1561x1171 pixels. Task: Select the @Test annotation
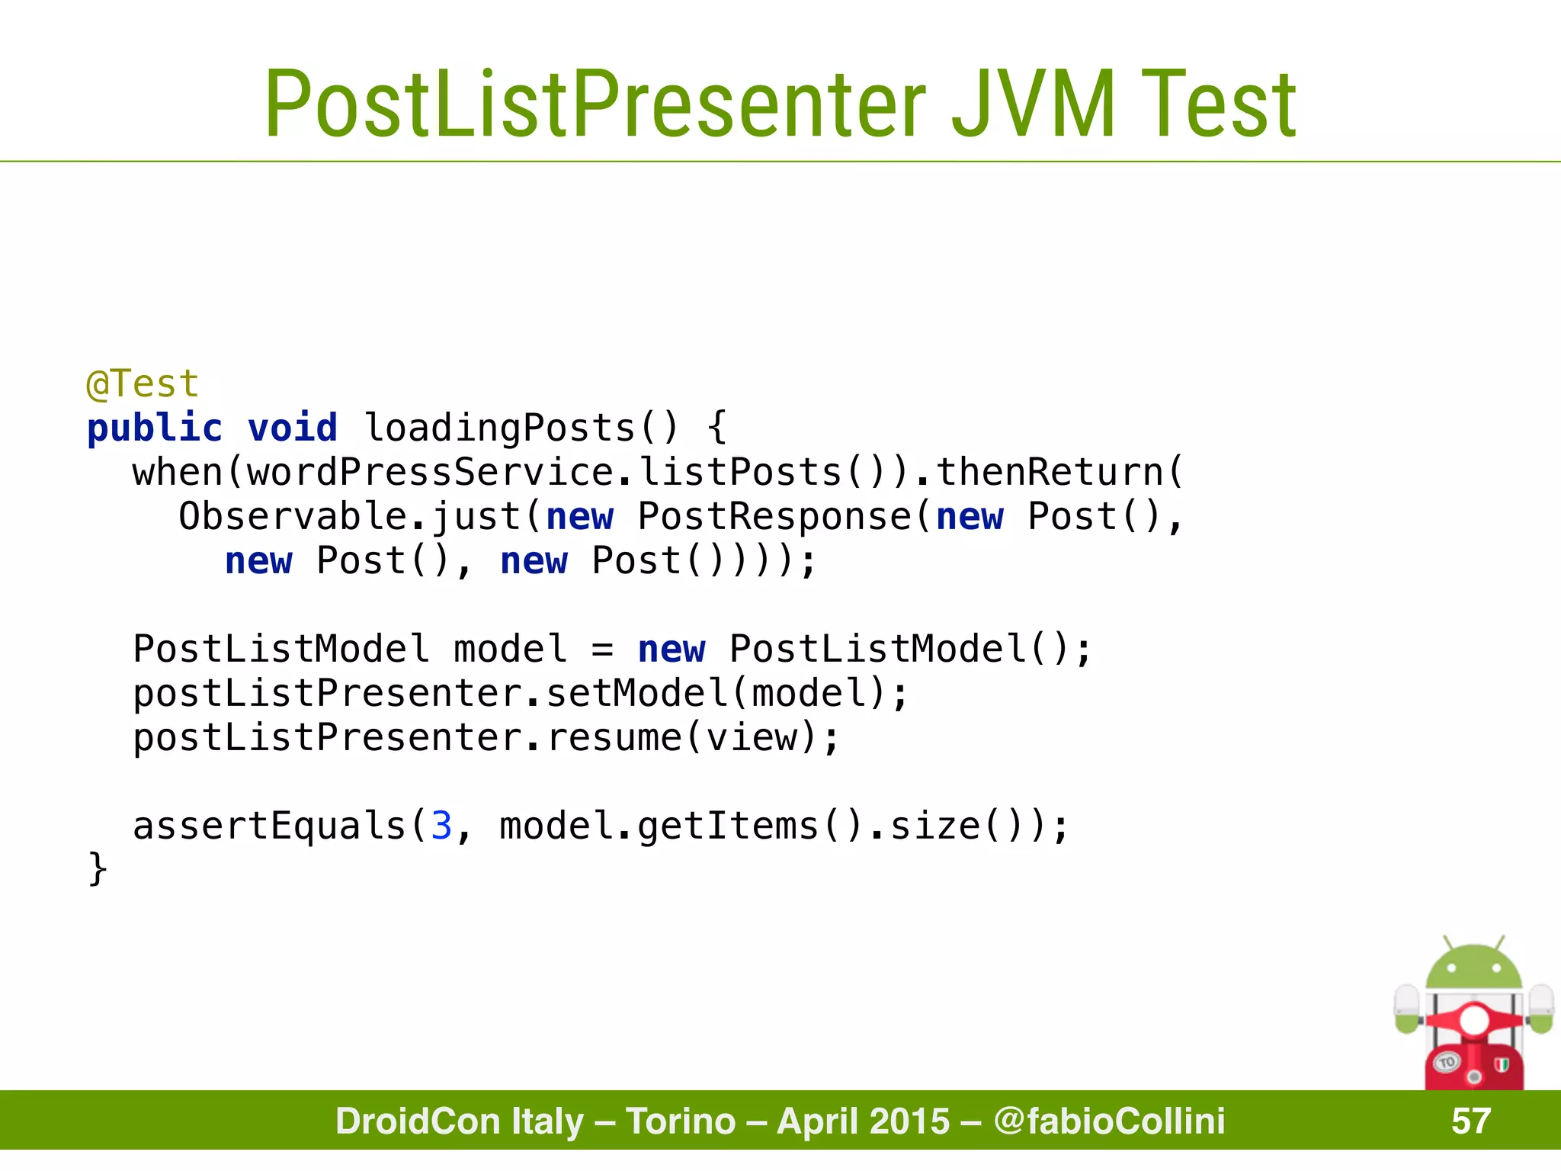pos(143,383)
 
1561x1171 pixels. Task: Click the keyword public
pos(155,428)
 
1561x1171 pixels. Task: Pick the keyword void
pos(292,428)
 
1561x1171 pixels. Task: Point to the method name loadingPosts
pos(499,428)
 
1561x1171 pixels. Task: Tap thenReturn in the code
pos(1050,472)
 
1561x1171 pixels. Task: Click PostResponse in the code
pos(774,516)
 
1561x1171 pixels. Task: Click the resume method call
pos(614,738)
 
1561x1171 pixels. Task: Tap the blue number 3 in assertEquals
pos(441,826)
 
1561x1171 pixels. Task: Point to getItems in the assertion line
pos(728,826)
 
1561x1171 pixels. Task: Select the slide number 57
pos(1470,1121)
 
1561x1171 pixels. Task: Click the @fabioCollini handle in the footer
pos(1109,1121)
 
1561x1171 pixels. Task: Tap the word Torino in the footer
pos(681,1121)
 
